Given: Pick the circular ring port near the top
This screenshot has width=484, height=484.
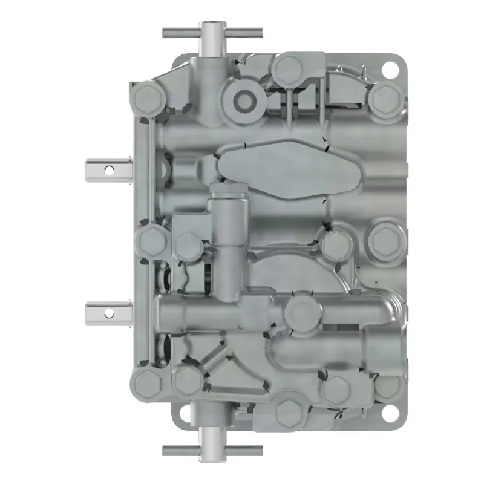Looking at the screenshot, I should [245, 99].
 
